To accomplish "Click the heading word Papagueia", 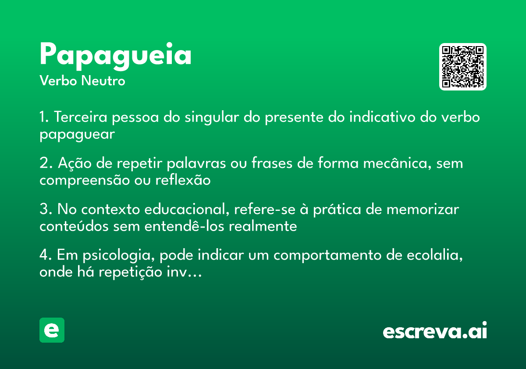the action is pyautogui.click(x=115, y=56).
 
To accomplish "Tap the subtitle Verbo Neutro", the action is pyautogui.click(x=82, y=81).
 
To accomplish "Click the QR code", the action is pyautogui.click(x=462, y=67).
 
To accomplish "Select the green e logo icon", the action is pyautogui.click(x=52, y=330).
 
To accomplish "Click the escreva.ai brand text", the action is pyautogui.click(x=435, y=330).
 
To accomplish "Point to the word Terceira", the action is pyautogui.click(x=81, y=117).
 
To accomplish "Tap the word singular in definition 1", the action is pyautogui.click(x=212, y=117).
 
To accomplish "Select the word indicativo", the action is pyautogui.click(x=382, y=117).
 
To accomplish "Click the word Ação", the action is pyautogui.click(x=75, y=163).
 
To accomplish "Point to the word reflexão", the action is pyautogui.click(x=183, y=180).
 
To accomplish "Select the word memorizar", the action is pyautogui.click(x=423, y=209).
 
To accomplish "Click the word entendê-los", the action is pyautogui.click(x=185, y=226).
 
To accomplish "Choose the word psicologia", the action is pyautogui.click(x=119, y=256).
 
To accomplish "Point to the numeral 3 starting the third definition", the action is pyautogui.click(x=44, y=209).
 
